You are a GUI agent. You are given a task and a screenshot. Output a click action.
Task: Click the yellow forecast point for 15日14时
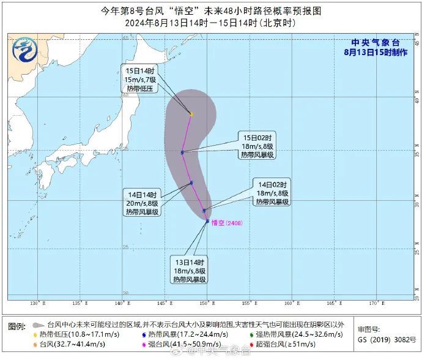coord(191,114)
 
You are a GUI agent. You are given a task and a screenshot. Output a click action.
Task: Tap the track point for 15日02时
coord(183,152)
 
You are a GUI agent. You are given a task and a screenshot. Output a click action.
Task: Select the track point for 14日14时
coord(191,182)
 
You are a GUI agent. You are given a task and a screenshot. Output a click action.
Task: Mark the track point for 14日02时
coord(204,211)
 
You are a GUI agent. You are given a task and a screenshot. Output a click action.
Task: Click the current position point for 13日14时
coord(207,221)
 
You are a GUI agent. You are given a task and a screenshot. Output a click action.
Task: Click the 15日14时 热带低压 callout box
coord(139,80)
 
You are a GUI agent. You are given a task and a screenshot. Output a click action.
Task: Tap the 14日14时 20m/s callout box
coord(142,203)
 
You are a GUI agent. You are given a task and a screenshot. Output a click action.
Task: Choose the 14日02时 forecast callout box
coord(273,192)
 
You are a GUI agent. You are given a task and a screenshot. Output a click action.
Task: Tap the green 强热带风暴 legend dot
coord(252,334)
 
